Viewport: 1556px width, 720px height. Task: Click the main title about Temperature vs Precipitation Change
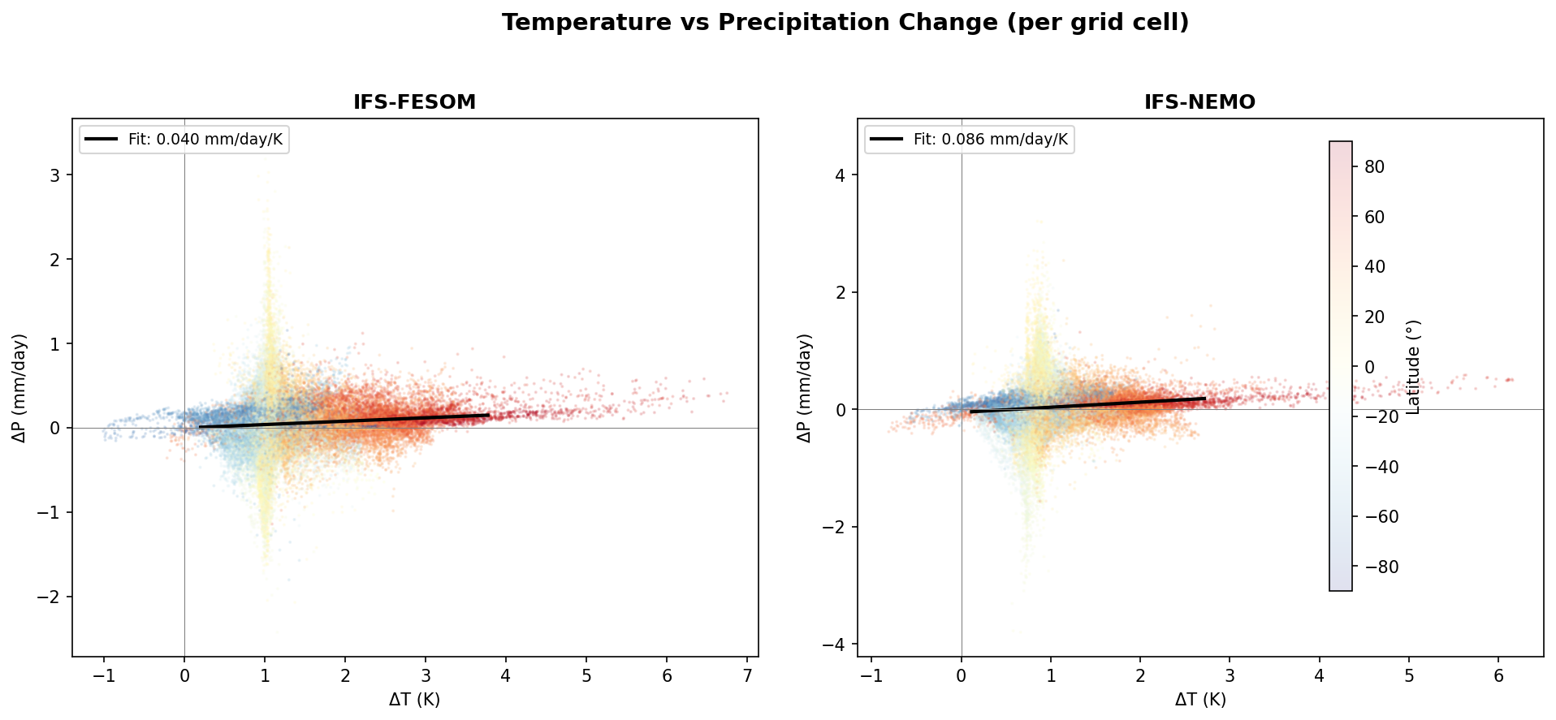click(x=845, y=23)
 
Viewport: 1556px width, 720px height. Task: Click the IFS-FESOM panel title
click(x=414, y=102)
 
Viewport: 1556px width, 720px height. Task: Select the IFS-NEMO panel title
click(x=1199, y=102)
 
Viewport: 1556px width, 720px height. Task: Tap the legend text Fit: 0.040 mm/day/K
click(x=205, y=140)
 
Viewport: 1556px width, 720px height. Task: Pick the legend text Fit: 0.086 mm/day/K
click(x=990, y=140)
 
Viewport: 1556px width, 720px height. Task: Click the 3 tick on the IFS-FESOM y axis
click(x=56, y=175)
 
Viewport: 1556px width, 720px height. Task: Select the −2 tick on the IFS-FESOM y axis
click(x=50, y=597)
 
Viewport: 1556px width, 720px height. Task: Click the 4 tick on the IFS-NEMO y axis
click(x=841, y=175)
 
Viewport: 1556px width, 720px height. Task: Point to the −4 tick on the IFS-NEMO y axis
click(x=836, y=645)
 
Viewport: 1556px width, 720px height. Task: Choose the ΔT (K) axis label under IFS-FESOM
click(x=414, y=700)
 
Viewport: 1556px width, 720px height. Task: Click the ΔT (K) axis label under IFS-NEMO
click(x=1199, y=700)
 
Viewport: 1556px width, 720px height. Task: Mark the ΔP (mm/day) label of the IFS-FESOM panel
click(x=20, y=387)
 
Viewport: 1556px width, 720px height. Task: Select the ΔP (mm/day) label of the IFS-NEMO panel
click(x=805, y=387)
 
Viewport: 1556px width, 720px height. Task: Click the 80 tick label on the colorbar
click(x=1375, y=166)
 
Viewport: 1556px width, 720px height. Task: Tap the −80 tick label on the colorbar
click(x=1378, y=567)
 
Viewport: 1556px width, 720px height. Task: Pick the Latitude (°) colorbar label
click(x=1414, y=367)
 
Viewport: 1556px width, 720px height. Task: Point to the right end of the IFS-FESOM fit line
click(x=489, y=415)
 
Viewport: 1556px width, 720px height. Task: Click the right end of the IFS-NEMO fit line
click(x=1205, y=399)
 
